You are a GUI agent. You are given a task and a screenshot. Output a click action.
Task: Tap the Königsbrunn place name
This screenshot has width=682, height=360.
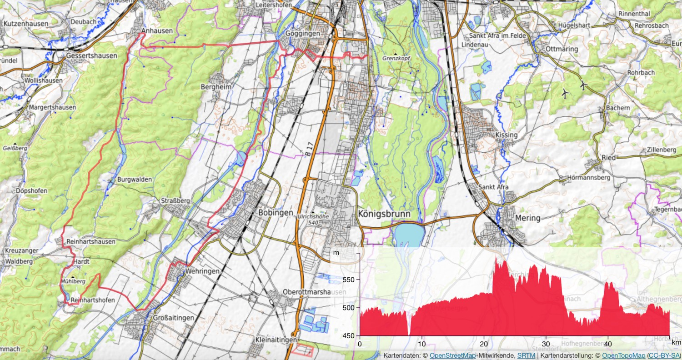(384, 214)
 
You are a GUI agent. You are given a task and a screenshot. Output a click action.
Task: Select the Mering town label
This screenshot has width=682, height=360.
(528, 218)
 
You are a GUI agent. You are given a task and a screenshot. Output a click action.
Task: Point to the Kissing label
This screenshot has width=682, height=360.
(506, 135)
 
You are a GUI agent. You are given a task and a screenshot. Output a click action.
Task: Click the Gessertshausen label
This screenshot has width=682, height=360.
(91, 55)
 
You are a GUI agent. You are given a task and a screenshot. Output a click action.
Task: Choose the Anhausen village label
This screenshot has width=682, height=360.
(157, 31)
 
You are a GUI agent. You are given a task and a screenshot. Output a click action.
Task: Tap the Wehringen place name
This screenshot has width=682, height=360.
(202, 271)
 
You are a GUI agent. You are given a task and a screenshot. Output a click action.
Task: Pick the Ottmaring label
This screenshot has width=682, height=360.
(562, 49)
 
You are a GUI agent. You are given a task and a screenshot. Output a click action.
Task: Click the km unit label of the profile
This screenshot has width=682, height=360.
(676, 342)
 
